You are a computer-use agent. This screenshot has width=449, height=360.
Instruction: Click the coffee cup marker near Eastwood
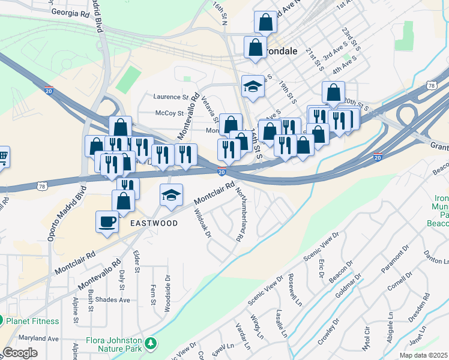tap(107, 221)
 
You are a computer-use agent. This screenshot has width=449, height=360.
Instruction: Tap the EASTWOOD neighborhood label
tap(154, 223)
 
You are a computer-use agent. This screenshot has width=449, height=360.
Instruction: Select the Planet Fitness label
tap(32, 321)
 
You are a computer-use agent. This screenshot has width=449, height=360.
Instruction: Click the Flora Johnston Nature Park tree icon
tap(152, 342)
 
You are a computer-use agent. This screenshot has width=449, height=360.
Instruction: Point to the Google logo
tap(20, 353)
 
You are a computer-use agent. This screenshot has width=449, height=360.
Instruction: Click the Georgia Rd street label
tap(71, 11)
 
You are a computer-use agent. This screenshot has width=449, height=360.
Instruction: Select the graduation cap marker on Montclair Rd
tap(170, 195)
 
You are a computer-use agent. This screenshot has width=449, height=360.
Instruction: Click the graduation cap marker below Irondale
tap(253, 87)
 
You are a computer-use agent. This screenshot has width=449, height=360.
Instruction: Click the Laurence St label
tap(170, 96)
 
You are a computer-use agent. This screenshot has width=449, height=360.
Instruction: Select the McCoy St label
tap(169, 113)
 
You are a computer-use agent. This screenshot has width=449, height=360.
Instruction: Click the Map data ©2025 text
tap(424, 355)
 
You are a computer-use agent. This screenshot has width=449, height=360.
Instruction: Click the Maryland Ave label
tap(30, 338)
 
